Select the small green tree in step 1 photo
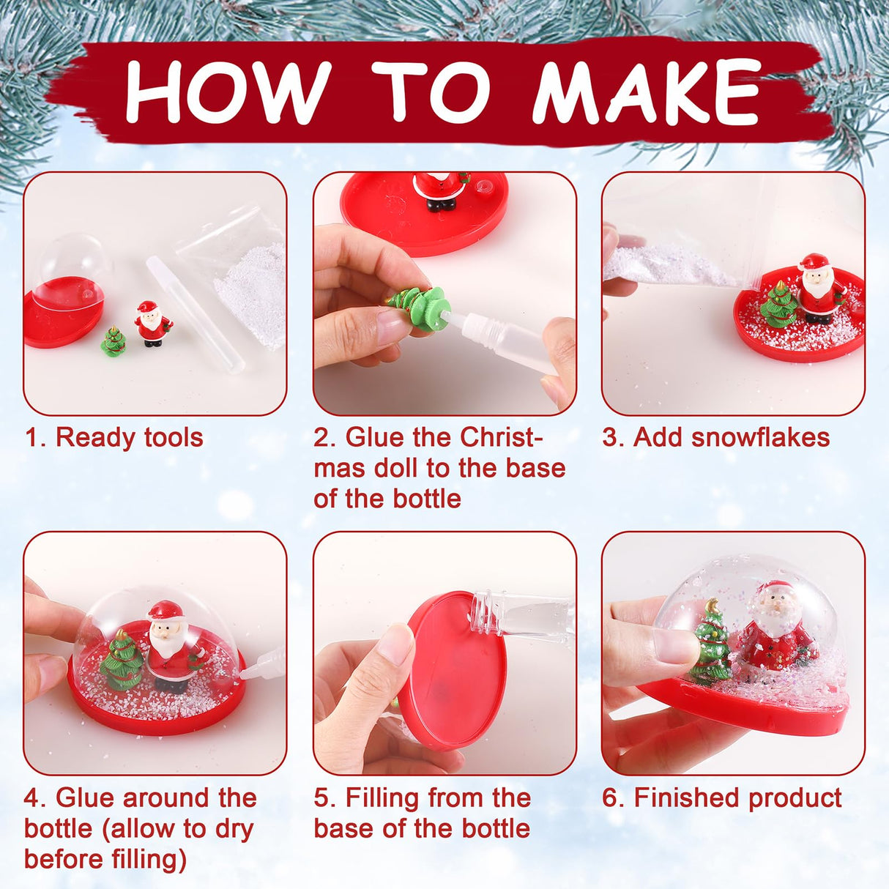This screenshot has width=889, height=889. pyautogui.click(x=114, y=343)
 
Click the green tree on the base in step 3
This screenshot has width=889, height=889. pyautogui.click(x=778, y=304)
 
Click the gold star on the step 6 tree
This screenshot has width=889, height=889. pyautogui.click(x=712, y=606)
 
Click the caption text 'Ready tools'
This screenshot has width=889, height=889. pyautogui.click(x=129, y=437)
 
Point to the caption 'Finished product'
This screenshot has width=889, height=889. pyautogui.click(x=737, y=797)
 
